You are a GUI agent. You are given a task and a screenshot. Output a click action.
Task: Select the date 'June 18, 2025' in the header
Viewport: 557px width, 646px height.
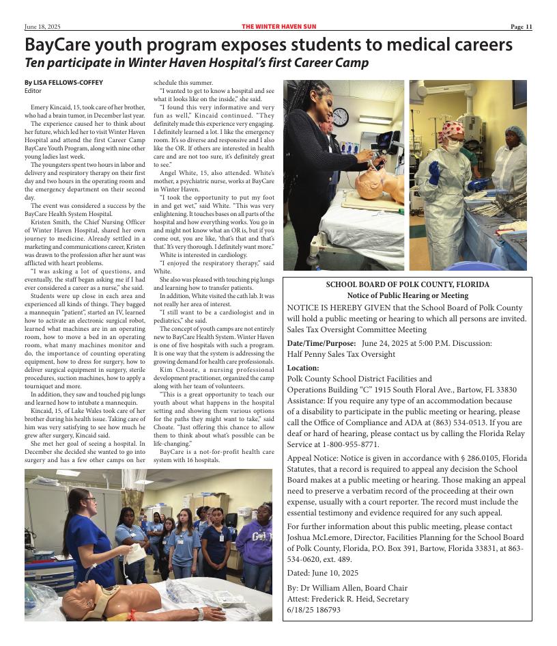click(x=42, y=27)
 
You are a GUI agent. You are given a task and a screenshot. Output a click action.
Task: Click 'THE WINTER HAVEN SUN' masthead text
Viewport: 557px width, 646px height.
click(x=278, y=27)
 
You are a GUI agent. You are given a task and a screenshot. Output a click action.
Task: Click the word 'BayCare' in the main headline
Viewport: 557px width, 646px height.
click(x=58, y=45)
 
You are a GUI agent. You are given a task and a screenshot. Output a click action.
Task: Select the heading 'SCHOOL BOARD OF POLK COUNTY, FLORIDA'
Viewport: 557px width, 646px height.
click(x=408, y=285)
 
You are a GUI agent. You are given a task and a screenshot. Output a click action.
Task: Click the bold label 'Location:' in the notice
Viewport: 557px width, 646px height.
click(x=303, y=368)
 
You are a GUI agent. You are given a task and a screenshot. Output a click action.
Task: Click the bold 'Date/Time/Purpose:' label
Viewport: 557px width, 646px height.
click(x=322, y=343)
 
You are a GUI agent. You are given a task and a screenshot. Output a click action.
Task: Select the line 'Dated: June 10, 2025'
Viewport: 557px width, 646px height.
click(x=322, y=573)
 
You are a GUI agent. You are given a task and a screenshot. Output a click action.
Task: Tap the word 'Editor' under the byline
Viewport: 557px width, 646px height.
click(x=33, y=91)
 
